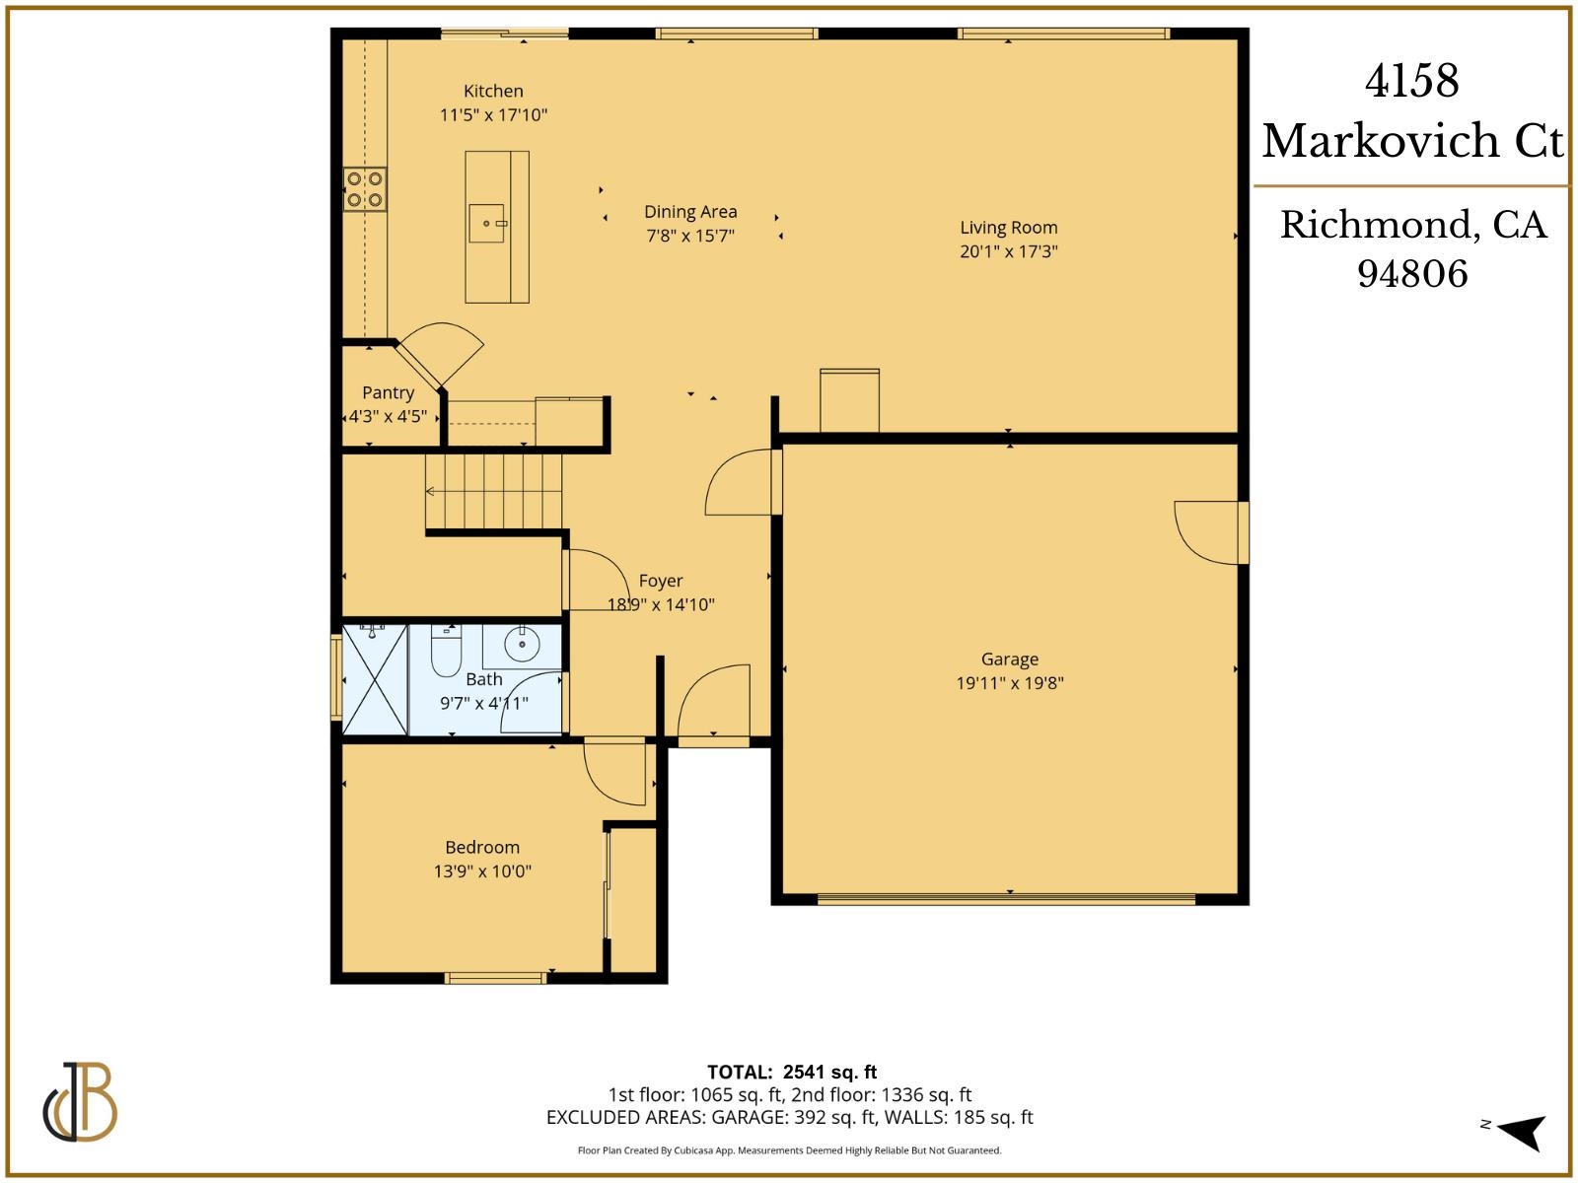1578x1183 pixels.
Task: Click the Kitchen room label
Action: [493, 91]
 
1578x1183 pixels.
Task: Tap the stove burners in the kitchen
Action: [364, 189]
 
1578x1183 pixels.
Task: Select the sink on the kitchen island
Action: [487, 224]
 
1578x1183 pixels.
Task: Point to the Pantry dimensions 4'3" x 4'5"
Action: [388, 416]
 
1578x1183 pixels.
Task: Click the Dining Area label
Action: [690, 212]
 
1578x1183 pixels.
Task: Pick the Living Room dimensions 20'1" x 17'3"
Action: [1008, 251]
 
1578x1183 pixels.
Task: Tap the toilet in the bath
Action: [446, 651]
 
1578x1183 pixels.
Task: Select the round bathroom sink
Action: [522, 646]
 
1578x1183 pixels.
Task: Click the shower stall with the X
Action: [375, 679]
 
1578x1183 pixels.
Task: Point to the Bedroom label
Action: [482, 847]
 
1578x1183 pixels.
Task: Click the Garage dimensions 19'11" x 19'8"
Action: [1009, 682]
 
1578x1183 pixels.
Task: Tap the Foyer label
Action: [660, 581]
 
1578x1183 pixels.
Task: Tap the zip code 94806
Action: [1411, 274]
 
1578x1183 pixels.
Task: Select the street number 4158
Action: [1411, 82]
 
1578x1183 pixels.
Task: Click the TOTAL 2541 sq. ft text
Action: [791, 1072]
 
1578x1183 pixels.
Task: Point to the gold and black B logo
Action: [81, 1101]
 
